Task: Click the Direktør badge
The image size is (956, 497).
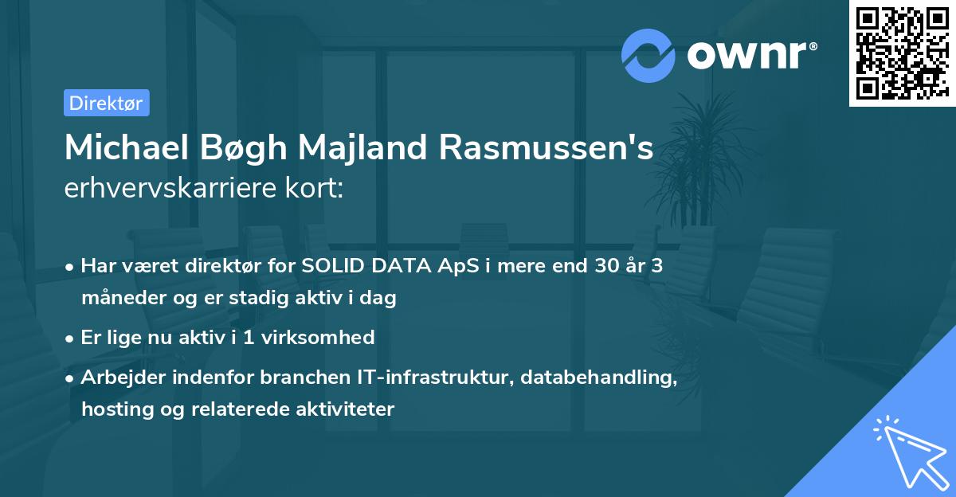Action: [106, 103]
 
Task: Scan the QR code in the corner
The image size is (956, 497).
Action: [902, 53]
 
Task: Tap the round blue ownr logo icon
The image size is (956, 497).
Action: [648, 55]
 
